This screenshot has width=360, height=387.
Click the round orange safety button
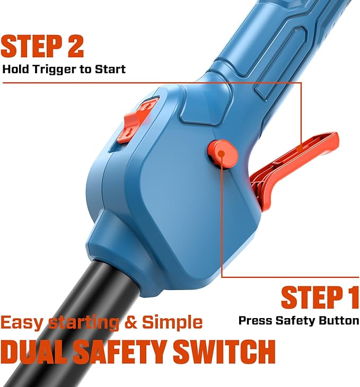[x=223, y=154]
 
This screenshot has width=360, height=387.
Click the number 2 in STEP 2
[x=76, y=46]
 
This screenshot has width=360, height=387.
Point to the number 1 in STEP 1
[x=352, y=297]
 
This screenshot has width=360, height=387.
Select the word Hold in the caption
[x=16, y=69]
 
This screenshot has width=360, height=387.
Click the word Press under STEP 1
[x=256, y=321]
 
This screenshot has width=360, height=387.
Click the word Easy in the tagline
[x=22, y=323]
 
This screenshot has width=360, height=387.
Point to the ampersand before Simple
[x=130, y=322]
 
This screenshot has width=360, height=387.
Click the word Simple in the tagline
[x=172, y=323]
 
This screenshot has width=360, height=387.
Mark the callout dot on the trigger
[x=300, y=149]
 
